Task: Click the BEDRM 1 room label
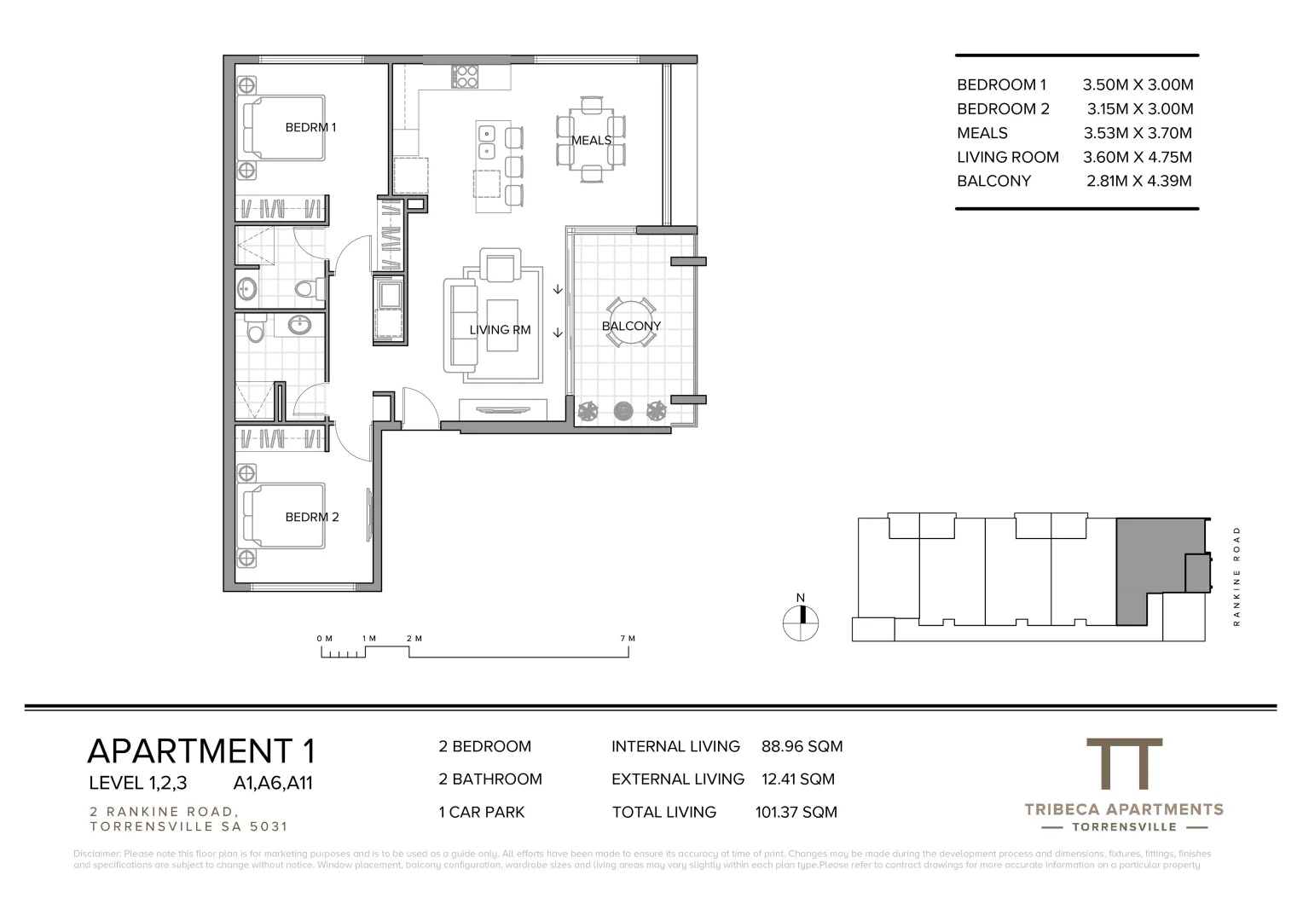(310, 127)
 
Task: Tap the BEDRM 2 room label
(312, 517)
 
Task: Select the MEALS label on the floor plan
(591, 140)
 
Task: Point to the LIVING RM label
(500, 329)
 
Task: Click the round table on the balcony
(631, 322)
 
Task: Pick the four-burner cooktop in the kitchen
(465, 77)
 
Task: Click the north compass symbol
(801, 622)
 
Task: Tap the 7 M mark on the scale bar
(628, 639)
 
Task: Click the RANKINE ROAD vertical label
(1236, 576)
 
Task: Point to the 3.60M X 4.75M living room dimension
(1138, 157)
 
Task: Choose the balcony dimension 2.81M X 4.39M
(1139, 181)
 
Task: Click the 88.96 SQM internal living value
(802, 746)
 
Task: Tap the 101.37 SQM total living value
(796, 812)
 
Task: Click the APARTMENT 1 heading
(201, 750)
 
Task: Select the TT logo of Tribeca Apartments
(1124, 764)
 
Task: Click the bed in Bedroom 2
(283, 517)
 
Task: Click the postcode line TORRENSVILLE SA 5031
(188, 826)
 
